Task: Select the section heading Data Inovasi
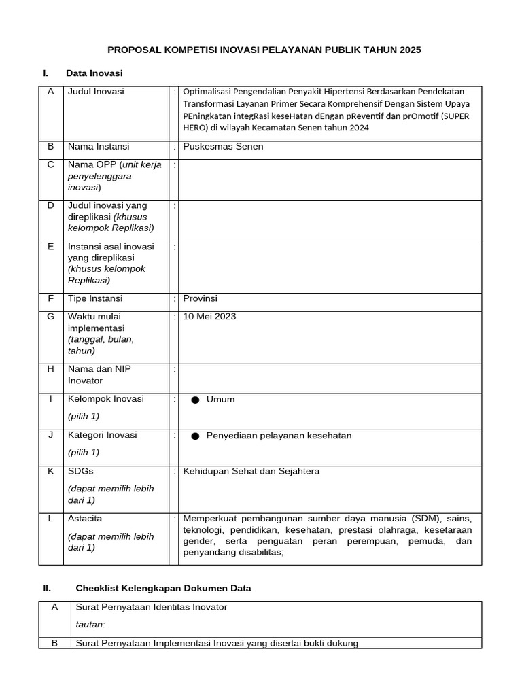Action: click(x=94, y=73)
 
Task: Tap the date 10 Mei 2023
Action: click(x=210, y=316)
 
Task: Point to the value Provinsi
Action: click(x=201, y=298)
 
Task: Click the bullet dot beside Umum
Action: click(x=195, y=400)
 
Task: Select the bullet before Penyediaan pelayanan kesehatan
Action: click(x=195, y=436)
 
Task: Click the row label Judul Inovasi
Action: click(x=96, y=92)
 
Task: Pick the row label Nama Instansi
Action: click(x=99, y=146)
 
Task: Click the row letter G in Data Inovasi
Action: click(x=50, y=316)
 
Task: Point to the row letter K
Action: click(x=50, y=471)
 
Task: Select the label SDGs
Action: click(x=81, y=471)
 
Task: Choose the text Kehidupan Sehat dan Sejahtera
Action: click(x=251, y=471)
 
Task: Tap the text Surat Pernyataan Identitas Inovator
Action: click(x=152, y=607)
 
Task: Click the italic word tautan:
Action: click(x=90, y=625)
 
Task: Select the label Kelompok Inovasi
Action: click(x=105, y=399)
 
